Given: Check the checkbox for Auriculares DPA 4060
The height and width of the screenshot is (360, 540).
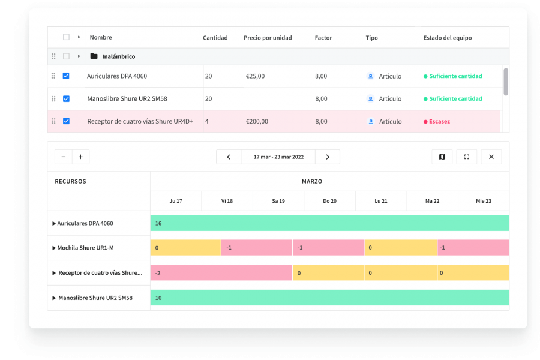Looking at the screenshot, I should tap(66, 76).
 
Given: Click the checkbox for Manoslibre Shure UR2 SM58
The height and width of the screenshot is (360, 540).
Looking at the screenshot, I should tap(66, 99).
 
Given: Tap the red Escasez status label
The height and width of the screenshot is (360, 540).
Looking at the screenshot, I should tap(439, 122).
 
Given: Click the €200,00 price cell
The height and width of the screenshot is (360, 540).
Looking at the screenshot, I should tap(257, 122).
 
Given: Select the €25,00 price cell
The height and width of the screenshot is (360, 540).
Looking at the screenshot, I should tap(255, 76).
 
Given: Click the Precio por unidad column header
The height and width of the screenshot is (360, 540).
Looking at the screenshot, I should tap(268, 38).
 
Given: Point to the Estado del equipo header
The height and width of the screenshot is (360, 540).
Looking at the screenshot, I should tap(447, 38).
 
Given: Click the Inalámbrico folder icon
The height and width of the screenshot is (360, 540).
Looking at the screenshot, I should tap(94, 56).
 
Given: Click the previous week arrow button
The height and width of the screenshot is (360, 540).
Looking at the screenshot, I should tap(229, 157).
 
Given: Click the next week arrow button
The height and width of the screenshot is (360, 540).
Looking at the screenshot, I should tap(328, 157).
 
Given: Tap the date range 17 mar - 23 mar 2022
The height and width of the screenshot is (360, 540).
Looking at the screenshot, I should tap(278, 157).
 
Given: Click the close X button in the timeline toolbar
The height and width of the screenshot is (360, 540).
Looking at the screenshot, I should tap(491, 157).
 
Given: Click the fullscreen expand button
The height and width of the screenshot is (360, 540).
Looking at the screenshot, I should tap(466, 157).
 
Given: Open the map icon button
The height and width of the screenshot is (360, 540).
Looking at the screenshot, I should tap(442, 157).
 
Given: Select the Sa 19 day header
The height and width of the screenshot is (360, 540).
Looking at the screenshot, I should tap(278, 201).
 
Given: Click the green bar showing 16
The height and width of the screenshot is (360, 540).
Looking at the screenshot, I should tap(329, 223).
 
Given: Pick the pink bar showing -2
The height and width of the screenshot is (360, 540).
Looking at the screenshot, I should tap(221, 273).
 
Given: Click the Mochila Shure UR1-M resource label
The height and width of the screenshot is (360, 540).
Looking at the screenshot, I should tap(85, 248).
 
